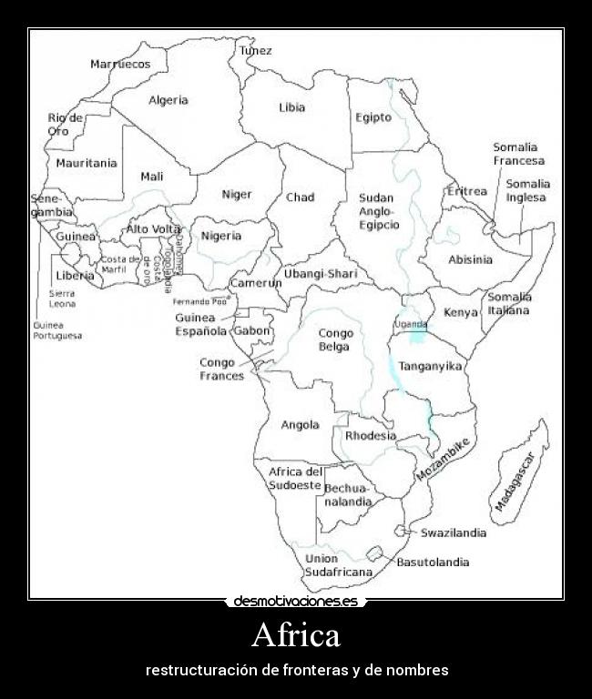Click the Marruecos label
click(120, 64)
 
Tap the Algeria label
click(168, 100)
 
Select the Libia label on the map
click(291, 107)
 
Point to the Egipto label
click(373, 117)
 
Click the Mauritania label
click(87, 164)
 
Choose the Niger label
click(237, 194)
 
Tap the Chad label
click(300, 198)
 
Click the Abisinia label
click(470, 259)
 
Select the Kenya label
click(460, 312)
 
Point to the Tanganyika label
click(430, 366)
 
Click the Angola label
click(300, 425)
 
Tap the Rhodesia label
click(371, 436)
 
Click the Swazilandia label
click(453, 533)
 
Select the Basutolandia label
click(433, 562)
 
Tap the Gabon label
click(252, 331)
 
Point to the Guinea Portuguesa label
click(57, 330)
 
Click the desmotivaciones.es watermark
click(296, 602)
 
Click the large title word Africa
click(295, 634)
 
